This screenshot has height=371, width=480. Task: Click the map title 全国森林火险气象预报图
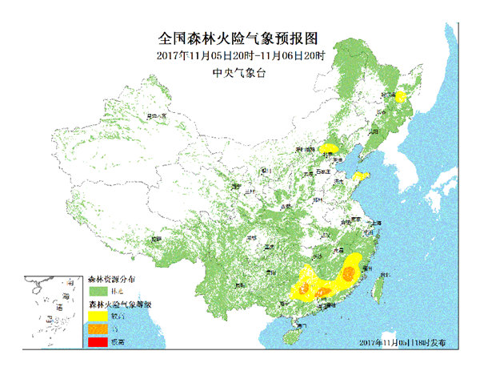pos(240,38)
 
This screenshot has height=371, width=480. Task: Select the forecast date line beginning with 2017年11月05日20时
pos(240,55)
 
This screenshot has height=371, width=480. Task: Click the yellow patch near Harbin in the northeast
pos(400,98)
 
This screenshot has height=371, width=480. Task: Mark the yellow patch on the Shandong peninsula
pos(361,175)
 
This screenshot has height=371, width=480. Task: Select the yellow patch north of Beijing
pos(329,148)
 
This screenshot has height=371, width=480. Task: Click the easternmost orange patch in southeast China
pos(349,273)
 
